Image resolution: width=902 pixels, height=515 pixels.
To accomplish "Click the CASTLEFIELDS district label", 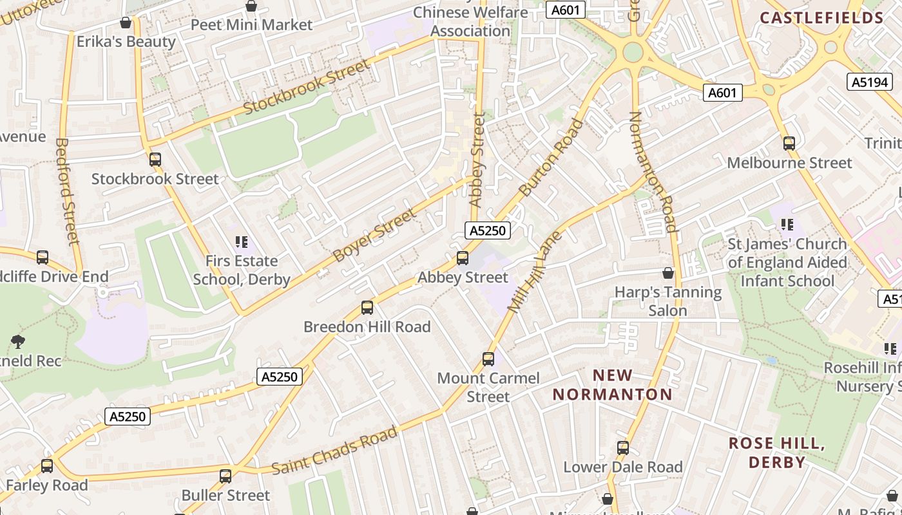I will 821,17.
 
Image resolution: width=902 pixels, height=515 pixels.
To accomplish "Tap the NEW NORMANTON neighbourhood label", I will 613,384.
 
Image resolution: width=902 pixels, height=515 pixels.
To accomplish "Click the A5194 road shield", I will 869,82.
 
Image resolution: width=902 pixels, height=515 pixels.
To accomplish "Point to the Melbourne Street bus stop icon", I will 789,143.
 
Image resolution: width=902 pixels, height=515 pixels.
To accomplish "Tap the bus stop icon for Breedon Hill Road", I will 367,308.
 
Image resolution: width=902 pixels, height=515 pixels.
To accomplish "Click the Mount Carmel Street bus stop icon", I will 488,359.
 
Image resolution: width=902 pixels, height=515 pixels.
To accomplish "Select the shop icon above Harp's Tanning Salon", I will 668,274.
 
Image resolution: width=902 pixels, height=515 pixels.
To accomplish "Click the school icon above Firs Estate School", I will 242,242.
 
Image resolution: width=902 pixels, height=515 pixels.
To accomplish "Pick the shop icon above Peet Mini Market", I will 251,6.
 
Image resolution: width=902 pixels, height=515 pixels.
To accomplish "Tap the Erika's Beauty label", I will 126,42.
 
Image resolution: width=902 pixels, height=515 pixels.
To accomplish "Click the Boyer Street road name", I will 374,235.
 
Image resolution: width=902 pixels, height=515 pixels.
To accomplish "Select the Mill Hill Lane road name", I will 535,272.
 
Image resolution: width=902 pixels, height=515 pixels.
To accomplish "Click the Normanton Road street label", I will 653,171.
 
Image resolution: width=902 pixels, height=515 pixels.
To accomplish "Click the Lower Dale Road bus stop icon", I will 622,447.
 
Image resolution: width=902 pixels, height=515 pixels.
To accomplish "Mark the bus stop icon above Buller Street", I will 225,476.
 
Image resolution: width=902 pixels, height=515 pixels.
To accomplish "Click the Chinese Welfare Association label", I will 470,22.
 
